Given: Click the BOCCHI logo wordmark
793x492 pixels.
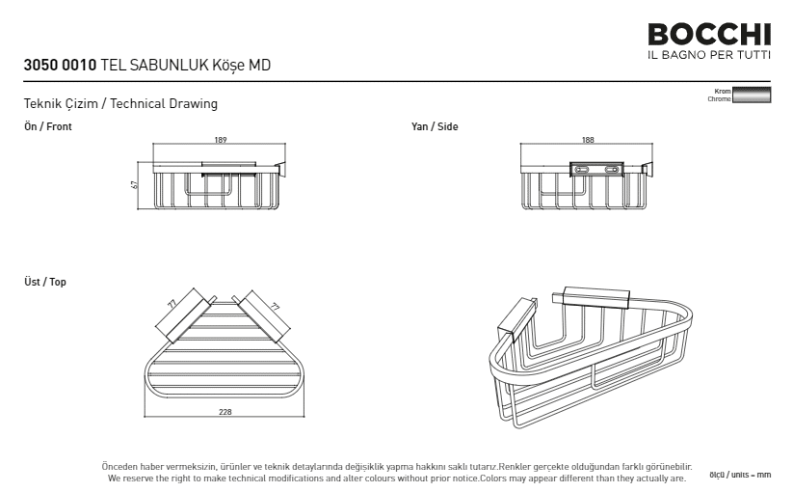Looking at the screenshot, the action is pos(709,35).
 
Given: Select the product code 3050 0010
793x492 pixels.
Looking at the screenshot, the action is pos(60,66).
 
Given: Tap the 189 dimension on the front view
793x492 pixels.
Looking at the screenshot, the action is pos(221,140).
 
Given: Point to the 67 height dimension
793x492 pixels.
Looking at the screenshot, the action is pos(134,185).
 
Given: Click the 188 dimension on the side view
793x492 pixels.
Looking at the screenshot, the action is pos(588,140).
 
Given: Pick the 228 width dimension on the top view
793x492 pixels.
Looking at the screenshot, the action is pos(225,412).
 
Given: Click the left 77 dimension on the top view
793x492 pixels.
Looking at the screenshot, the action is pos(172,304).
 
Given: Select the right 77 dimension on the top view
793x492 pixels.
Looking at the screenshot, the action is pos(275,307).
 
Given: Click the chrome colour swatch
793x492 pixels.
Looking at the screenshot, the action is pos(752,96).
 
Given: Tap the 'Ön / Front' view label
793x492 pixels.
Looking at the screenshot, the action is pos(48,126).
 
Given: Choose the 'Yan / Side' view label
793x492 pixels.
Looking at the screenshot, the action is pos(435,126).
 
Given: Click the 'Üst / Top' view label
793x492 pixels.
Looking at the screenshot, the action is pos(45,282).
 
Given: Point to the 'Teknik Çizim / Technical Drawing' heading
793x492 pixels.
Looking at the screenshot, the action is pos(120,104).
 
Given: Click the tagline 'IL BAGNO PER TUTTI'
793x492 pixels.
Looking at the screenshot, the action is pos(709,55).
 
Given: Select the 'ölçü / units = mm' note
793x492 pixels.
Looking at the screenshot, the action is pos(740,475).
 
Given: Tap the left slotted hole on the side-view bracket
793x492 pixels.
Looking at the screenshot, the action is pos(581,169).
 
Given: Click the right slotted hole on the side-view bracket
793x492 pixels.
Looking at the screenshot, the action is pos(612,169).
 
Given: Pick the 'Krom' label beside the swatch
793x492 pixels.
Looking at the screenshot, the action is pos(723,91).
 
